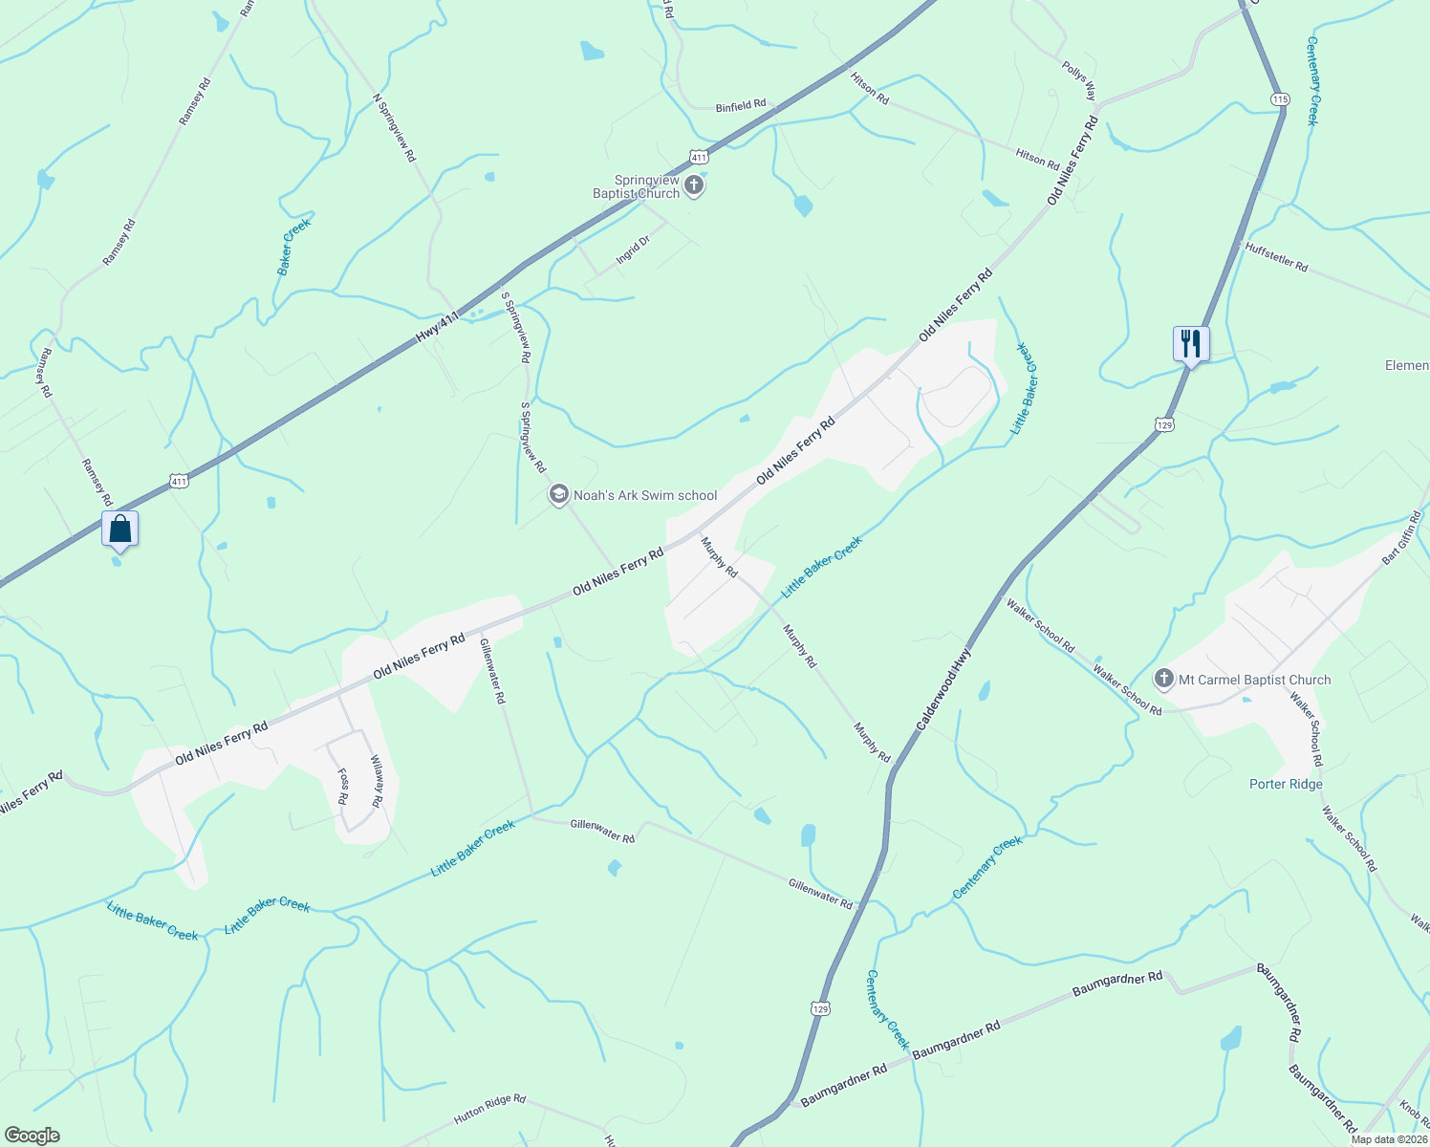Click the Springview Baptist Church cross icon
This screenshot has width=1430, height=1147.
pos(695,184)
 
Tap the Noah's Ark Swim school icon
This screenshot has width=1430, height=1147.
pos(558,494)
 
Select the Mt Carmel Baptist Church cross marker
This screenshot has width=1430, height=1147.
pos(1163,680)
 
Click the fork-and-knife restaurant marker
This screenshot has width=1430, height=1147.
pos(1191,343)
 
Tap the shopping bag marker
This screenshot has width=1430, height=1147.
pos(120,529)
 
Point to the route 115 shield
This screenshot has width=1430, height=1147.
pos(1281,99)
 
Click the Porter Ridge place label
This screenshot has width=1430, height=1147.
pos(1286,784)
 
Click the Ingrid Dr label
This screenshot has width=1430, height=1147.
pos(633,249)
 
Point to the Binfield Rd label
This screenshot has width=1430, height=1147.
pos(741,106)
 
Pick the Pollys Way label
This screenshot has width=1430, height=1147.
pos(1079,81)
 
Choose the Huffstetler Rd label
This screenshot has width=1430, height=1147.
pos(1276,257)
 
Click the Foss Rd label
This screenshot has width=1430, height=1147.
pos(342,786)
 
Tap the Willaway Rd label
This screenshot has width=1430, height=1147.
pos(377,782)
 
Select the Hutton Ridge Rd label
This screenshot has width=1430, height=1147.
pos(489,1108)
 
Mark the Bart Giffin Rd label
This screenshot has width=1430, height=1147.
pos(1401,538)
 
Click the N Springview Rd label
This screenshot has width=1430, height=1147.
pos(395,126)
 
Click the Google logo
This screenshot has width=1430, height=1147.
pos(32,1136)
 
